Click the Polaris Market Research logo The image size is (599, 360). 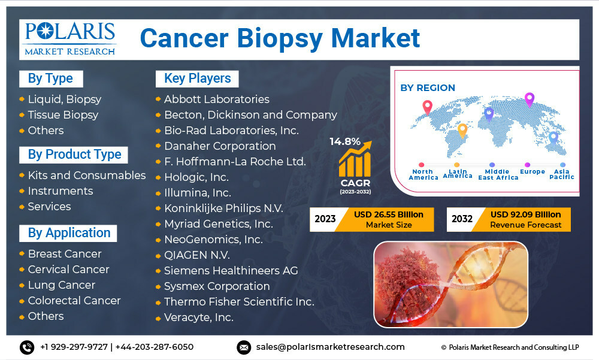point(70,39)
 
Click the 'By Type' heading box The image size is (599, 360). point(51,78)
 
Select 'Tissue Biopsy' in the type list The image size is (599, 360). point(63,114)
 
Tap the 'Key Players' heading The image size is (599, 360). point(197,78)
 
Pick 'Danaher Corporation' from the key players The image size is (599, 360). point(220,146)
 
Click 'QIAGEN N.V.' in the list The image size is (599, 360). point(197,255)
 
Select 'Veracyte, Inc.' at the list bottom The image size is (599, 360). point(199,317)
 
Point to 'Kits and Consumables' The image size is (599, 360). point(87,175)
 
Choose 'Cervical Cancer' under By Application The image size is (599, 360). point(69,270)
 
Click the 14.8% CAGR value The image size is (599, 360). point(345,141)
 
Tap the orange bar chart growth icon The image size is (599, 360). point(355,159)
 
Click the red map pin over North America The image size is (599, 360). point(428,107)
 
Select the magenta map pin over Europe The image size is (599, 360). point(529,99)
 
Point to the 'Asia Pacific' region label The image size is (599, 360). point(562,174)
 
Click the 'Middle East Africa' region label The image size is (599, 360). point(498,175)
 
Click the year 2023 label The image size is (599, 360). point(325,219)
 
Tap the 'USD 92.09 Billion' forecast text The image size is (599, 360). point(526,214)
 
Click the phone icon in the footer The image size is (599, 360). point(27,347)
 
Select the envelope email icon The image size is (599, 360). point(244,347)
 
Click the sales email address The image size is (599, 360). point(331,347)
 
